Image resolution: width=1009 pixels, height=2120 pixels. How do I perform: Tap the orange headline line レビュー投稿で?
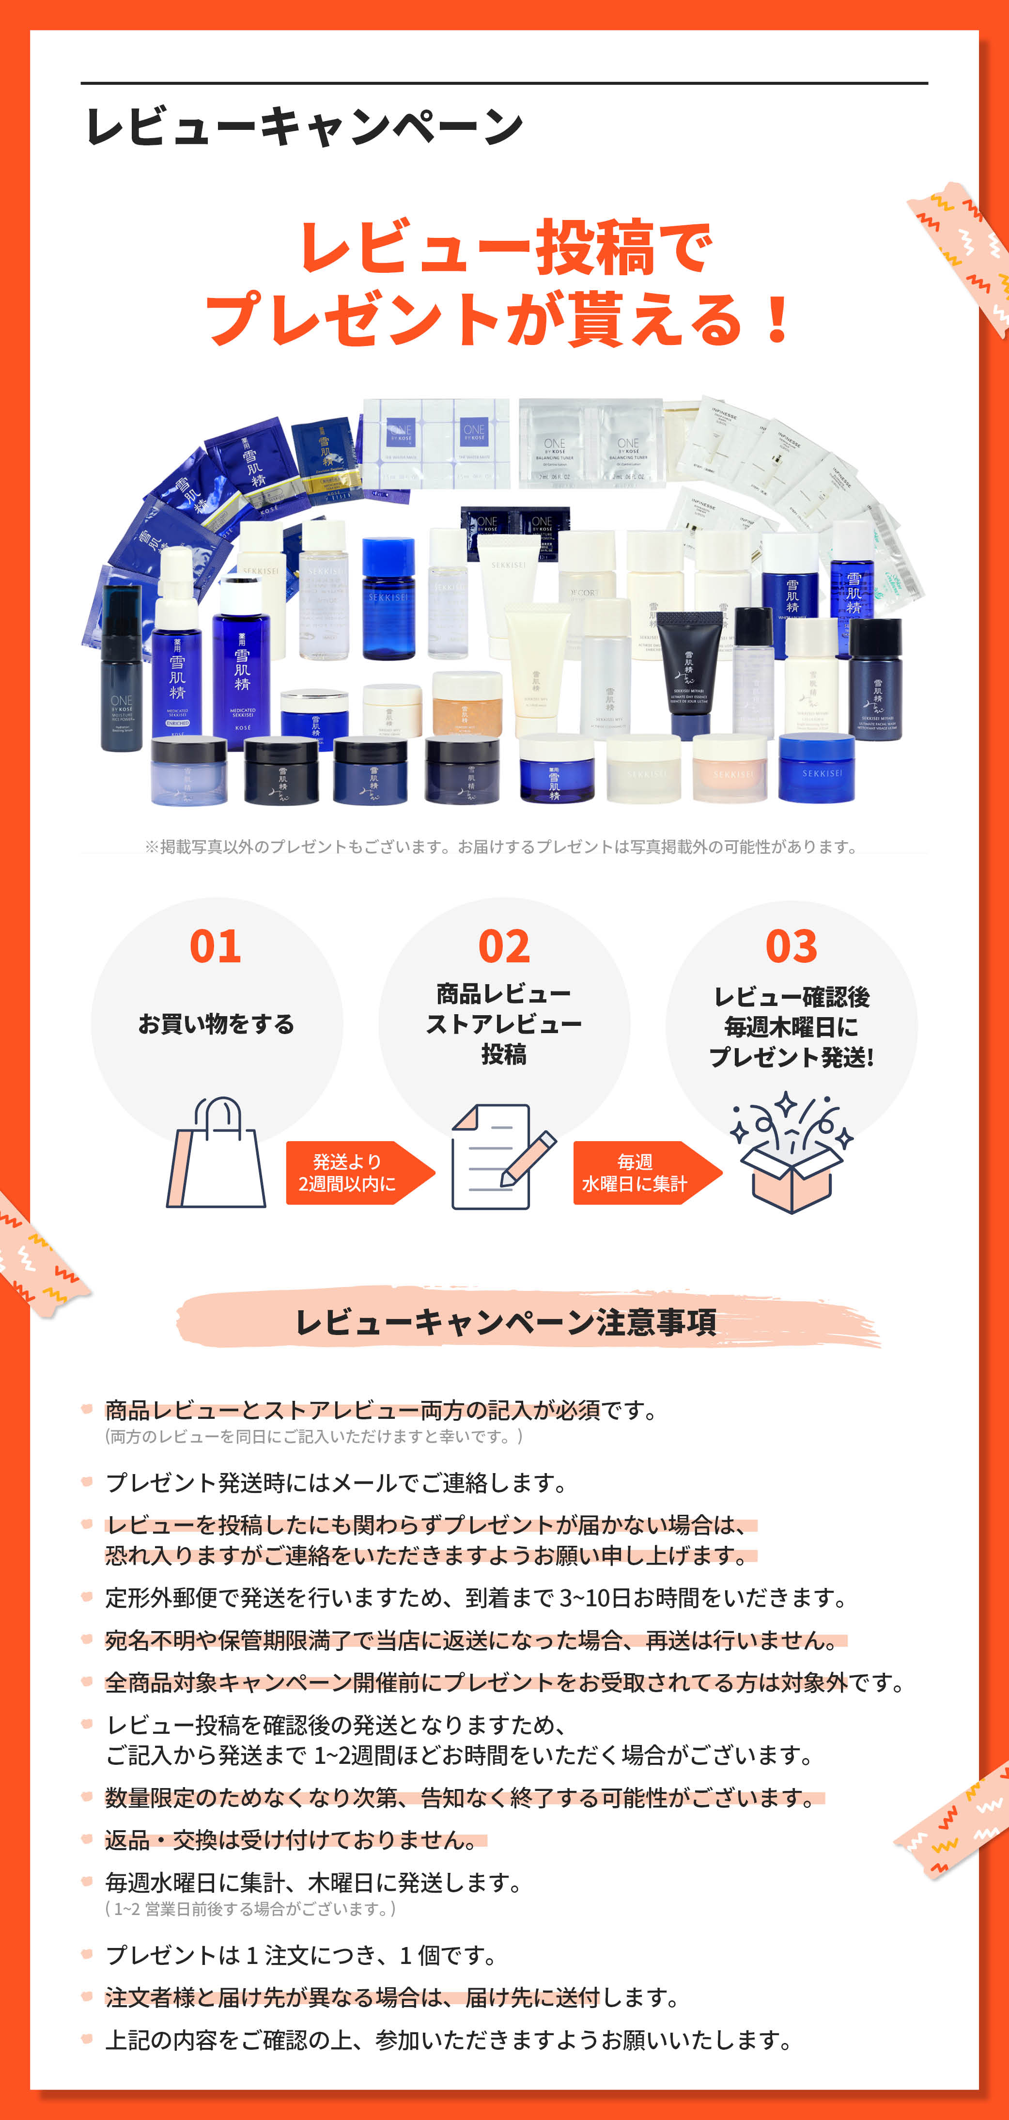click(505, 247)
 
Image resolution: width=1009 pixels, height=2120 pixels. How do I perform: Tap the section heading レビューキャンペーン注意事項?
click(505, 1322)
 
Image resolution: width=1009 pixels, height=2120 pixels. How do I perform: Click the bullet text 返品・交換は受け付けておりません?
click(292, 1840)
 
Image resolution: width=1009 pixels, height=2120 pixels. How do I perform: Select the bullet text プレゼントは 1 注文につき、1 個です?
click(300, 1955)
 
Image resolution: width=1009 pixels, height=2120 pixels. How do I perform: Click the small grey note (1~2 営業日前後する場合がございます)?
click(251, 1909)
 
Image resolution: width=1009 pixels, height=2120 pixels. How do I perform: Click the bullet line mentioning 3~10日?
click(476, 1598)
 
